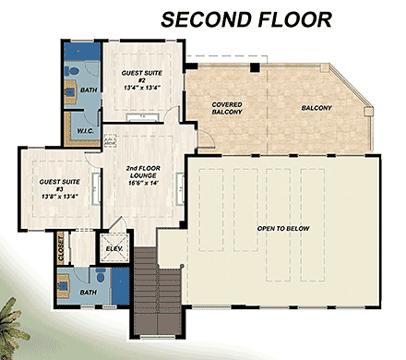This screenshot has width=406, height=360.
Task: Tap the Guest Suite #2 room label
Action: pyautogui.click(x=143, y=74)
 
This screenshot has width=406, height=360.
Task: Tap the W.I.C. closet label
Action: pyautogui.click(x=83, y=130)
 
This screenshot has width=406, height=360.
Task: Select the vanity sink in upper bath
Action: pyautogui.click(x=69, y=90)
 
